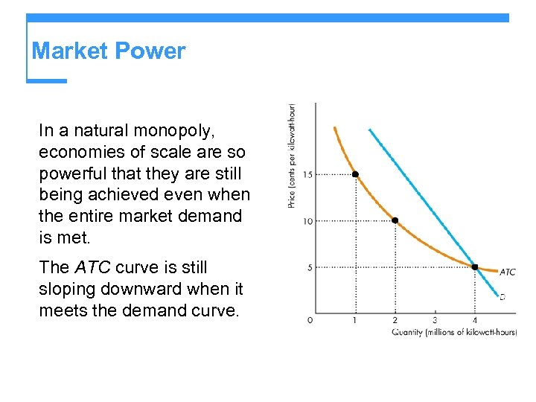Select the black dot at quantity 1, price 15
355,174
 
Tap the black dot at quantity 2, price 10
395,220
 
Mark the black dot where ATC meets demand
475,267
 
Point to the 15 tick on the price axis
307,174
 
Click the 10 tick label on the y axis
307,220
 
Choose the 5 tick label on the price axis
309,267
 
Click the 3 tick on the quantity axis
435,320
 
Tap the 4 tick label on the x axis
475,320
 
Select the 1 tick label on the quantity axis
355,320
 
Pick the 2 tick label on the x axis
395,320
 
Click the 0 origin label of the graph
310,320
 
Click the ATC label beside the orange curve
507,272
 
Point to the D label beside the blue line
502,296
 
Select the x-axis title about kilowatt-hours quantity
453,332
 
